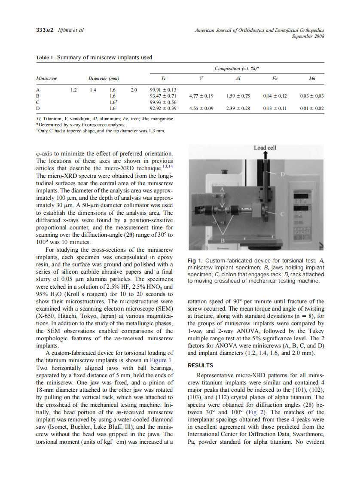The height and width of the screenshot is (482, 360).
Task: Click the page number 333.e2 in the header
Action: pos(43,31)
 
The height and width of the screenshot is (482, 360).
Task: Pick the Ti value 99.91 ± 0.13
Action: pos(163,90)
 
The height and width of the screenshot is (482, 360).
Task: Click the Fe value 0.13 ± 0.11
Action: pos(275,109)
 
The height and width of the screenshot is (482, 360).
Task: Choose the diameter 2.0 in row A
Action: pos(134,90)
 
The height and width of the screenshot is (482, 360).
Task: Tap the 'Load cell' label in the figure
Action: pos(265,148)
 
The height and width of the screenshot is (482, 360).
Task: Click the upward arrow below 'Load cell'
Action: pos(265,155)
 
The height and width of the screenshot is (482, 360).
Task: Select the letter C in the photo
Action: pos(282,214)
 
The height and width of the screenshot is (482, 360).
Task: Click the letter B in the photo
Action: pos(223,241)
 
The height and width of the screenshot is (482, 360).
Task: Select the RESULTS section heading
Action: pos(200,366)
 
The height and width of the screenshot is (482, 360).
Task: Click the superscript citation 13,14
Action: pos(166,166)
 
